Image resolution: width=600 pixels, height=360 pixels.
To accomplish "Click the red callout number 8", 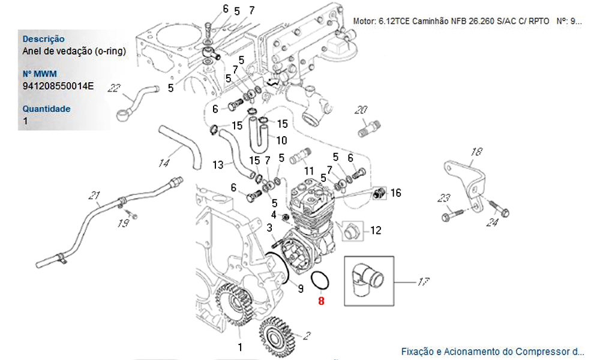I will [321, 301].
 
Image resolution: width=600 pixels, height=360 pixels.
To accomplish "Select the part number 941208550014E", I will [58, 86].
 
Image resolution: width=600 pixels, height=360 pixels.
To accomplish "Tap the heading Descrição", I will [43, 39].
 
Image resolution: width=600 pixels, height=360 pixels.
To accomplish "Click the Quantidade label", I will [46, 109].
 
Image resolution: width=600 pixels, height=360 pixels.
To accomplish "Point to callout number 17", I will [424, 281].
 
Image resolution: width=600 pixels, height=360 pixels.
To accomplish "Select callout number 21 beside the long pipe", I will [93, 195].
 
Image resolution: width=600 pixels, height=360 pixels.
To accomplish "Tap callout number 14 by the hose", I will [164, 162].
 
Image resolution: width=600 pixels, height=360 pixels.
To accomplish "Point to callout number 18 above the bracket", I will [476, 152].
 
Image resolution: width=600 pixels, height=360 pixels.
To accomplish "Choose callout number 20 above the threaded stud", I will [361, 110].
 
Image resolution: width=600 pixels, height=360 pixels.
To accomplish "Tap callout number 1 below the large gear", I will [240, 347].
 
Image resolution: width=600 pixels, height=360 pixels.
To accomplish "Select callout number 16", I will [396, 193].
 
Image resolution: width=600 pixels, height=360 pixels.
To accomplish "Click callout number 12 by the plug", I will [376, 230].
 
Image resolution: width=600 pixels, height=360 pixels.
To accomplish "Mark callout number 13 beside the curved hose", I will [218, 164].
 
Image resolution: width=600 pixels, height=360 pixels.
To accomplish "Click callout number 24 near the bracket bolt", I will [493, 223].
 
